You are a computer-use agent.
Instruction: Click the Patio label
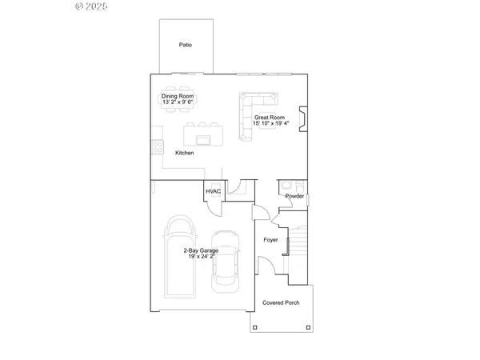[x=185, y=45]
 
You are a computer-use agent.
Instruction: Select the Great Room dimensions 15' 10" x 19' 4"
[x=271, y=124]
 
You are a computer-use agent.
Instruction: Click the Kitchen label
[x=185, y=153]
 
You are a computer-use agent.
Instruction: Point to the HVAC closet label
[x=213, y=192]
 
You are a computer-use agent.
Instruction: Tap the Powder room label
[x=294, y=196]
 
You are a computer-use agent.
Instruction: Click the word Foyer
[x=271, y=239]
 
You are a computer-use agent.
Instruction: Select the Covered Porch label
[x=281, y=303]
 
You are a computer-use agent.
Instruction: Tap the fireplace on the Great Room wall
[x=301, y=118]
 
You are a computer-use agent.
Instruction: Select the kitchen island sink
[x=203, y=140]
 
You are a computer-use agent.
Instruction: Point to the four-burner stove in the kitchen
[x=158, y=148]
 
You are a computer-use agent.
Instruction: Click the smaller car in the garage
[x=226, y=268]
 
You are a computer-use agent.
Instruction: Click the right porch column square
[x=310, y=328]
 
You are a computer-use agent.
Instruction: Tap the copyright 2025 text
[x=91, y=6]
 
